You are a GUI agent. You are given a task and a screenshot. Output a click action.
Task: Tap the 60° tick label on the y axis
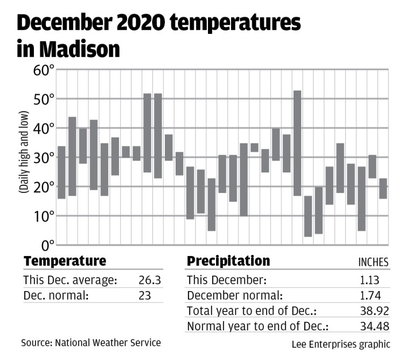pos(44,70)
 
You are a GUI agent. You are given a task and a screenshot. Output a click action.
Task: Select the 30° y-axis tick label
pos(44,158)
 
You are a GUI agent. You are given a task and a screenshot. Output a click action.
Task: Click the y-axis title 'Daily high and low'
pos(24,158)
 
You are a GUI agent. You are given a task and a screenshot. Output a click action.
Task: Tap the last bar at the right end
pos(383,188)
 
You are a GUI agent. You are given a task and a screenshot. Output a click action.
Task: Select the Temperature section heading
pos(65,261)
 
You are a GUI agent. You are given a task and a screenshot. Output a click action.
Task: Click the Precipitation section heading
pos(228,261)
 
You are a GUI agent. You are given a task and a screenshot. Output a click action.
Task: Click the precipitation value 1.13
pos(371,280)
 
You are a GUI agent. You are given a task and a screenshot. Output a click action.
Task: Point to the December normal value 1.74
pos(371,296)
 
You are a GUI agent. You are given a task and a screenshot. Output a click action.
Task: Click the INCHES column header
pos(373,262)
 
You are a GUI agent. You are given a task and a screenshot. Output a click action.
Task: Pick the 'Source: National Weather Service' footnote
pos(90,342)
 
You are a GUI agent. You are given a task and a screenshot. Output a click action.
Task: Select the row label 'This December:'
pos(226,280)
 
